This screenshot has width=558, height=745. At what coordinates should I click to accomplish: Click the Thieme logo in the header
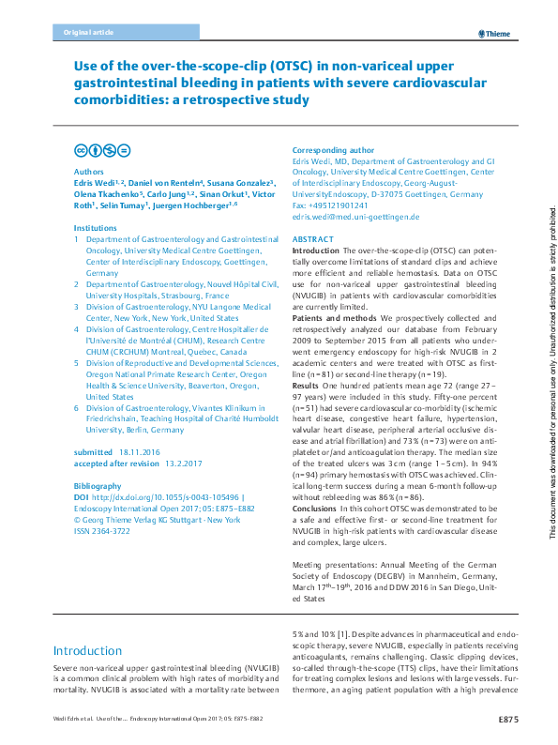pyautogui.click(x=493, y=34)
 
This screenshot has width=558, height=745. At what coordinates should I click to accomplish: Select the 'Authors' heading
pyautogui.click(x=88, y=172)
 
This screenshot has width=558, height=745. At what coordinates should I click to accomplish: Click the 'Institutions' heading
pyautogui.click(x=95, y=227)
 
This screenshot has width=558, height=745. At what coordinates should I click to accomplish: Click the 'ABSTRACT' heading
pyautogui.click(x=313, y=240)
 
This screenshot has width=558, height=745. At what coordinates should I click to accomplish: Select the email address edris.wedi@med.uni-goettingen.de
pyautogui.click(x=355, y=217)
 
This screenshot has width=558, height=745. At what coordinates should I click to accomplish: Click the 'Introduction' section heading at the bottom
pyautogui.click(x=87, y=650)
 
